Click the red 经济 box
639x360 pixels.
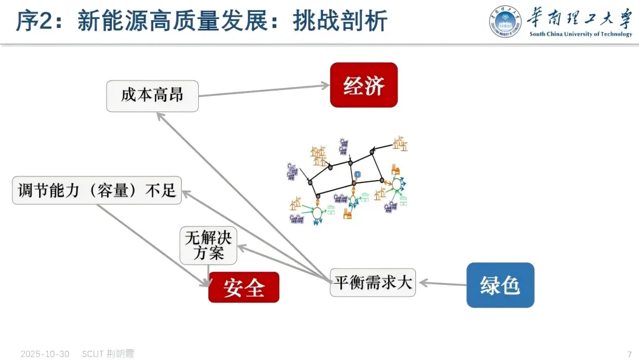[363, 85]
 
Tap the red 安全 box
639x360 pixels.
[243, 287]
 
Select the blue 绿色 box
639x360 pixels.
[500, 285]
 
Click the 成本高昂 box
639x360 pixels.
[152, 96]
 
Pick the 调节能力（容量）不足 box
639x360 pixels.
[97, 190]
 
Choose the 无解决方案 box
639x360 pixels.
[208, 246]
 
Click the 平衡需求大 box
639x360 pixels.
[372, 282]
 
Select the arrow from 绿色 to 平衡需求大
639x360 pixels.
[443, 284]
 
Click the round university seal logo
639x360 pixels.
[505, 21]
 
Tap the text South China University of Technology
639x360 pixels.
[580, 34]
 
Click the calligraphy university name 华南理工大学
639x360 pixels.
[580, 17]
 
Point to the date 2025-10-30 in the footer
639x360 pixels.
[45, 353]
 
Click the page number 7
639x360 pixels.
[629, 353]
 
